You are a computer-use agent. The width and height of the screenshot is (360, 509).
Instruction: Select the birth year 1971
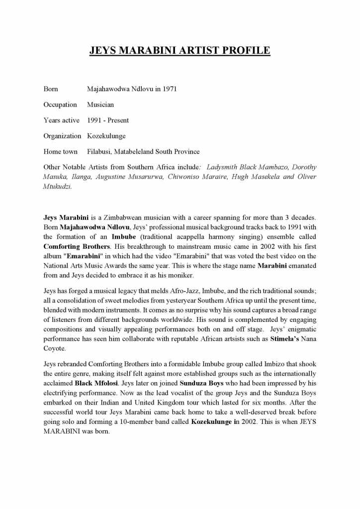pyautogui.click(x=170, y=89)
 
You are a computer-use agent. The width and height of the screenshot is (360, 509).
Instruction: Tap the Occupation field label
pyautogui.click(x=60, y=104)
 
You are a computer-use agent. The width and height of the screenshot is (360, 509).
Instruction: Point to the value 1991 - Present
pyautogui.click(x=108, y=120)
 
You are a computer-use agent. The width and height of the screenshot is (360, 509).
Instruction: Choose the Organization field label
pyautogui.click(x=62, y=136)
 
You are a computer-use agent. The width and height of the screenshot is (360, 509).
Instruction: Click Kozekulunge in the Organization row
pyautogui.click(x=106, y=136)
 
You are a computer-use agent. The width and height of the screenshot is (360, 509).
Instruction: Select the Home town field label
pyautogui.click(x=61, y=151)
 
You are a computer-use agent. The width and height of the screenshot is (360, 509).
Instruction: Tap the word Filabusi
pyautogui.click(x=99, y=151)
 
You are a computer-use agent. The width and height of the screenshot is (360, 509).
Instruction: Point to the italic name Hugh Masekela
pyautogui.click(x=257, y=177)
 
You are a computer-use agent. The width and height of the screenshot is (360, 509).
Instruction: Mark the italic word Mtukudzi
pyautogui.click(x=57, y=186)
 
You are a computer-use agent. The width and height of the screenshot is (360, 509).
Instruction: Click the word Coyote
pyautogui.click(x=54, y=348)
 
